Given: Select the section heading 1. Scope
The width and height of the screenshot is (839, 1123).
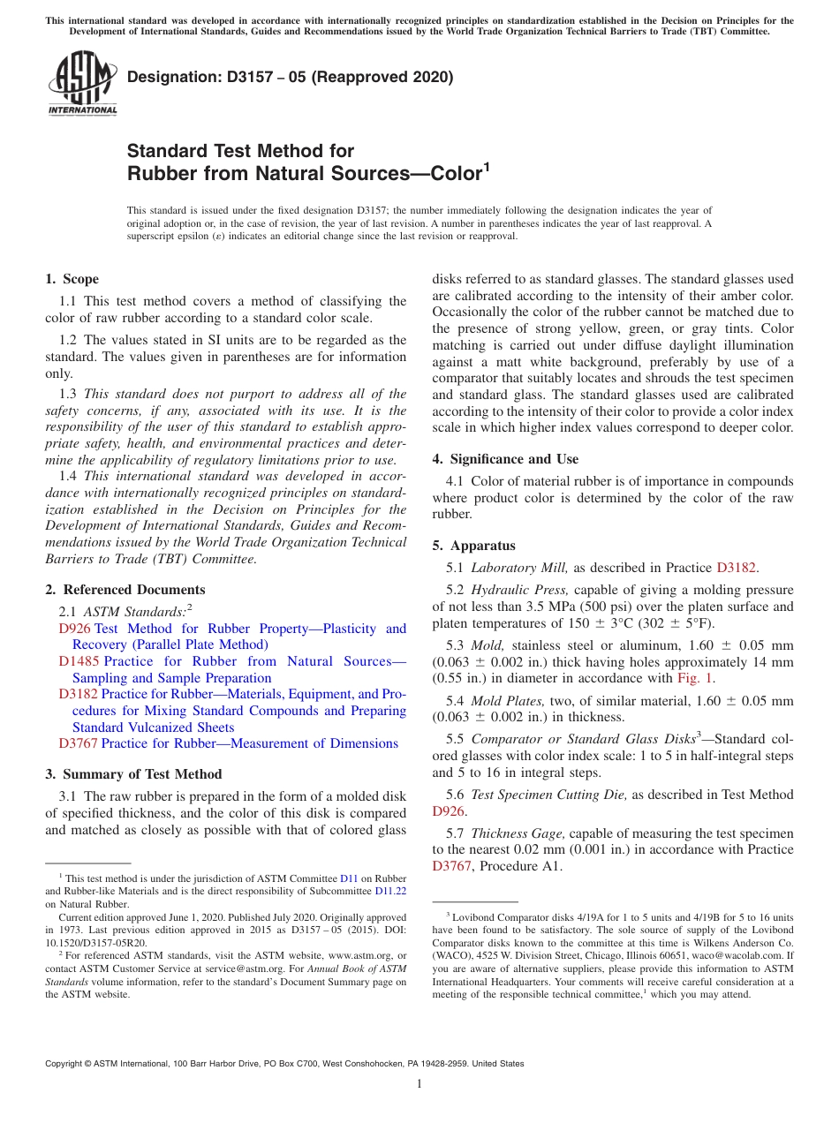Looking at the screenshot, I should [72, 279].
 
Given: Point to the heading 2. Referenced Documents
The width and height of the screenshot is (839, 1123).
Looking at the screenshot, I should [125, 590].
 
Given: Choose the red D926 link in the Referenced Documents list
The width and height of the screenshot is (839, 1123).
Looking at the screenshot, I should [74, 629].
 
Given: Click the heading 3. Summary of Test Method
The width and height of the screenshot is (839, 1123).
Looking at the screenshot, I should [133, 774].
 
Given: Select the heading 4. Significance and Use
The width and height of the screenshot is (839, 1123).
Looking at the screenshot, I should [505, 459].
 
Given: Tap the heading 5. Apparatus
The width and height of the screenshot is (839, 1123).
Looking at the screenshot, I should [473, 546].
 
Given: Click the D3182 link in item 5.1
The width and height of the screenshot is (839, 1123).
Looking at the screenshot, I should [736, 568].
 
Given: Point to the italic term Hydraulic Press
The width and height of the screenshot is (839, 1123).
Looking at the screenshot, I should [515, 589].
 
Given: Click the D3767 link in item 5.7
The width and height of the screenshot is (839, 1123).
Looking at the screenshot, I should [452, 866].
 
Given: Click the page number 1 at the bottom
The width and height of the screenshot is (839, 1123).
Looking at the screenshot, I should [419, 1084].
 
